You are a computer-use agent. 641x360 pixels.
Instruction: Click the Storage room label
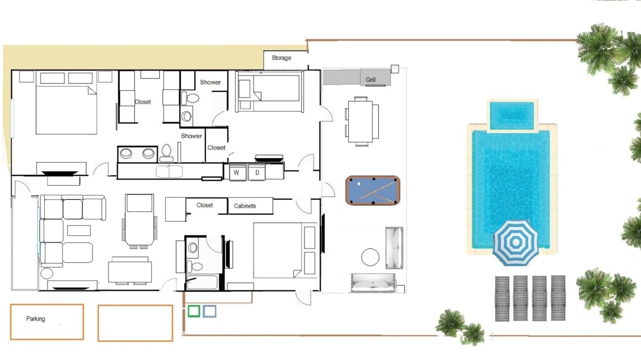[x=282, y=58]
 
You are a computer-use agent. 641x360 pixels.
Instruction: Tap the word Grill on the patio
[x=371, y=80]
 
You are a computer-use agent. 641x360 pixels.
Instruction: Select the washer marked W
[x=237, y=173]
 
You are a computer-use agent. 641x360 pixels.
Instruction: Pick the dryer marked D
[x=257, y=173]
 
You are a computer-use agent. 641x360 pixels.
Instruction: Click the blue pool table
[x=373, y=191]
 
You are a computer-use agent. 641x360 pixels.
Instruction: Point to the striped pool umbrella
[x=515, y=242]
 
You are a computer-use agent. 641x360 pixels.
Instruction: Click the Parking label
[x=35, y=319]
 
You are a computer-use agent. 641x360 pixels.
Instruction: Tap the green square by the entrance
[x=194, y=311]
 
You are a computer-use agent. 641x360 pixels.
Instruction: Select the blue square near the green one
[x=209, y=311]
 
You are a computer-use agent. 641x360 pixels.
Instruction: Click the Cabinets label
[x=245, y=206]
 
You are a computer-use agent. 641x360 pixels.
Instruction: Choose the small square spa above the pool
[x=512, y=115]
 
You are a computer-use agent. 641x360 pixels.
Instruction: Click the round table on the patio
[x=370, y=257]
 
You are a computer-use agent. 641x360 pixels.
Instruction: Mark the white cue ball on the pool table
[x=359, y=184]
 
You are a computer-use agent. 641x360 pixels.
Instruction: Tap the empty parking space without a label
[x=135, y=323]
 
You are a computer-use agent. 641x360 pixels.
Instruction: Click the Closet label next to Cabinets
[x=205, y=205]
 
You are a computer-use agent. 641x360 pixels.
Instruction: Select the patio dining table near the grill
[x=361, y=121]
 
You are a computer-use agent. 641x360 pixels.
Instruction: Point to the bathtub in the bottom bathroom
[x=202, y=283]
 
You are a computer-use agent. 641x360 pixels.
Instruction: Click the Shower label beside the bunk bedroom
[x=210, y=82]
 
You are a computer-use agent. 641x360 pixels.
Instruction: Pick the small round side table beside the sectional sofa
[x=46, y=273]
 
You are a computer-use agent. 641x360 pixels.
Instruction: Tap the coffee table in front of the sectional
[x=79, y=231]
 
